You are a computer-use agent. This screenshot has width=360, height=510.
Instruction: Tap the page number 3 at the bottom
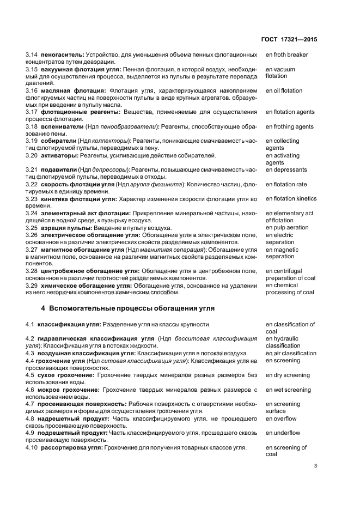click(315, 465)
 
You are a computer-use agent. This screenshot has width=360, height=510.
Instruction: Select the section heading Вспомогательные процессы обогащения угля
click(128, 308)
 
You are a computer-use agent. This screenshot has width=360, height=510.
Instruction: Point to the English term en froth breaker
click(286, 54)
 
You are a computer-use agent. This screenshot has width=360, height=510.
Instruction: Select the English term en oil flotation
click(284, 90)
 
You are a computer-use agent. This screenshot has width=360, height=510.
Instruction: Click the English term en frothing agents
click(289, 126)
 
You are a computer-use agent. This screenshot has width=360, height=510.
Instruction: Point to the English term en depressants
click(286, 169)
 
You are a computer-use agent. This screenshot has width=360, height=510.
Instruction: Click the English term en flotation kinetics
click(291, 198)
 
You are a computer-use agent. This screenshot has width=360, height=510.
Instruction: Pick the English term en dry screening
click(288, 375)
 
